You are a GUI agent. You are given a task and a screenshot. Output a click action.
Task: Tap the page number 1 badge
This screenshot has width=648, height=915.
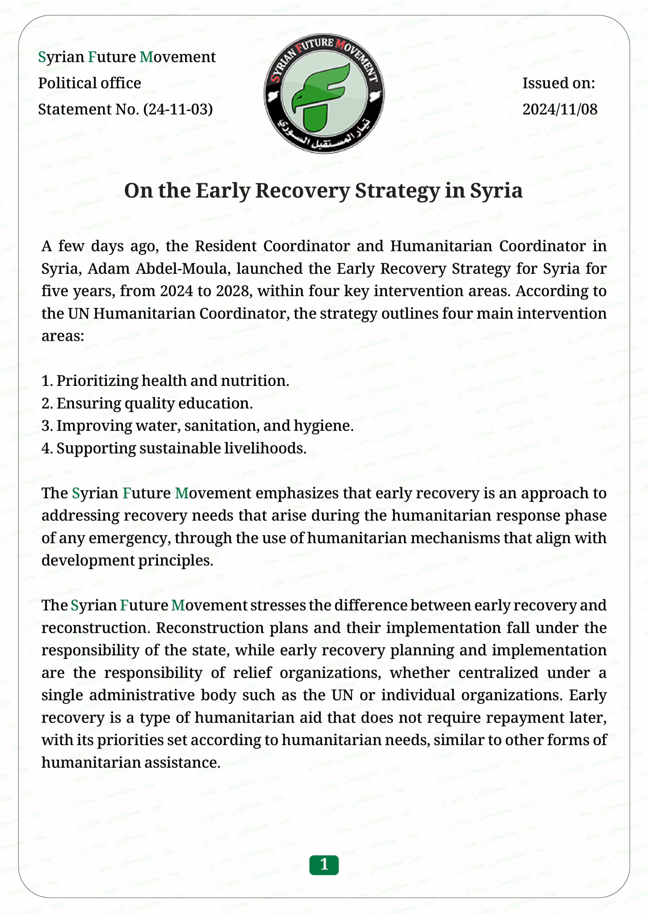click(324, 864)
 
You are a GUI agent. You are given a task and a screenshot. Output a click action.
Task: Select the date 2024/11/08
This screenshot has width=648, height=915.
click(560, 109)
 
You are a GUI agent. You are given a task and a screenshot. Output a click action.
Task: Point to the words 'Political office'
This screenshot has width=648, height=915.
click(89, 83)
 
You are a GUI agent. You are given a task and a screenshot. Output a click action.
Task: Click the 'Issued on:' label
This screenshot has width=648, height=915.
click(559, 83)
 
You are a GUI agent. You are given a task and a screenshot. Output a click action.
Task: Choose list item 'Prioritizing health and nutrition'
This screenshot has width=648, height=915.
click(172, 381)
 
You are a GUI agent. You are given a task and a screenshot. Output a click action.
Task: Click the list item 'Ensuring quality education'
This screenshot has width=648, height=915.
click(154, 404)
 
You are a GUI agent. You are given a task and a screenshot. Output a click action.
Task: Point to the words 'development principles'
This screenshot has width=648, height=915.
click(127, 560)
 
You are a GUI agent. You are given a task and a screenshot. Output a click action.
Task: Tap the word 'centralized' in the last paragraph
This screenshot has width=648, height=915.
click(498, 673)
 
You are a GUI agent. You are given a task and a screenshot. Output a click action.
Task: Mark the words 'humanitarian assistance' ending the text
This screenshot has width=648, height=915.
click(131, 763)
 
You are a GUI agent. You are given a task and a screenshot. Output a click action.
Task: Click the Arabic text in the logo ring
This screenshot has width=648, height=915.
click(324, 138)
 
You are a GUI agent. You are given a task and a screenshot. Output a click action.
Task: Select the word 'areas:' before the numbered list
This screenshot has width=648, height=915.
click(63, 336)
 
